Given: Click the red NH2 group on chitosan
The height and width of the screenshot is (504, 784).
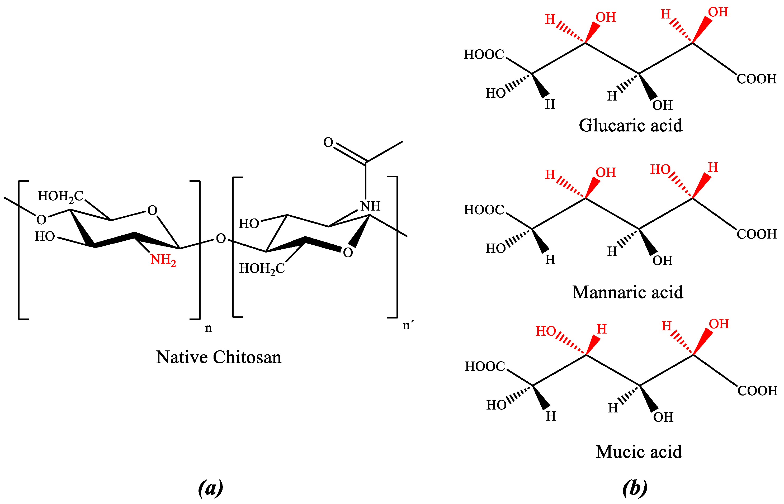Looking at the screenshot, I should (x=163, y=260).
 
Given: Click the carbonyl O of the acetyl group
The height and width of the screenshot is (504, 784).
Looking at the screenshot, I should (x=328, y=142).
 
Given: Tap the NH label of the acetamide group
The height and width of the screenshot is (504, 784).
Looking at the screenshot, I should (x=370, y=206).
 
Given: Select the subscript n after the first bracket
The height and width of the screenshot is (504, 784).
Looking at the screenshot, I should (x=208, y=328).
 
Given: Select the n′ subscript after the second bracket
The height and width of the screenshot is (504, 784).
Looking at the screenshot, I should (x=408, y=325).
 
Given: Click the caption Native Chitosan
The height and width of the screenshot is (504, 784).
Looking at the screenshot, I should (x=219, y=357).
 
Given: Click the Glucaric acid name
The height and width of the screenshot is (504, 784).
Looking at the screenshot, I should (x=630, y=125).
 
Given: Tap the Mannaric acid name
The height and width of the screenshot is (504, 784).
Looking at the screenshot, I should (x=627, y=292).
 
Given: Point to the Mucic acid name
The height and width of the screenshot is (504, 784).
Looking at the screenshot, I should (x=639, y=452).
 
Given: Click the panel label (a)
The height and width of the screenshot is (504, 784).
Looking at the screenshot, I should (x=210, y=488).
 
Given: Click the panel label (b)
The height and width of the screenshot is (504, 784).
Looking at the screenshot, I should (x=635, y=488).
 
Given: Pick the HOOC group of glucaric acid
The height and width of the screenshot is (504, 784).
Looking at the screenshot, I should (x=484, y=54).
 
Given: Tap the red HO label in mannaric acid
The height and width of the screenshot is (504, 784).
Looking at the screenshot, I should (x=660, y=169).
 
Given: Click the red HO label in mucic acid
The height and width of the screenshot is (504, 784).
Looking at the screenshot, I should (x=545, y=331).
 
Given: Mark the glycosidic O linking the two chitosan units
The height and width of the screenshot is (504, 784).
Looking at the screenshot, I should (x=221, y=239).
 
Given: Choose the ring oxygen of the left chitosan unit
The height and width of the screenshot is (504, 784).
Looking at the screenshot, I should (x=152, y=210).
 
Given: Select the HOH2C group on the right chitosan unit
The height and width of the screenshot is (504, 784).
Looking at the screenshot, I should (x=262, y=269).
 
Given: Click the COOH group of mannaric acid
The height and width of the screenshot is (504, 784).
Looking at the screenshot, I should (x=757, y=234).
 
